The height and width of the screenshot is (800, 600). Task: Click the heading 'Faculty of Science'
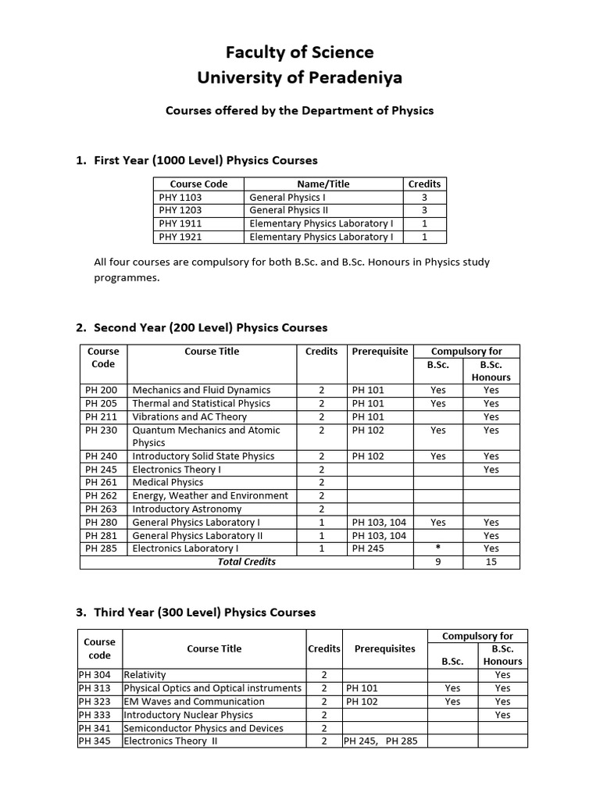click(299, 52)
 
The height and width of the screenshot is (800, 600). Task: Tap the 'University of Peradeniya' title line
click(299, 78)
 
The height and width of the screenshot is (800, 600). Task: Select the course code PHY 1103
click(180, 198)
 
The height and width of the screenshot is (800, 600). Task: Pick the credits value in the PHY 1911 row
click(424, 223)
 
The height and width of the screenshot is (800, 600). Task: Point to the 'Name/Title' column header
click(323, 184)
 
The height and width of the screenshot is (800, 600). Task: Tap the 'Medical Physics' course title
click(168, 482)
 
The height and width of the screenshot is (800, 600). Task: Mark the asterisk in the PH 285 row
click(438, 548)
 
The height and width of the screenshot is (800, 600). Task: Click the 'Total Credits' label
click(246, 562)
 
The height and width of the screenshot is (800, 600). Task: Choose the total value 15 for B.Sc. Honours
click(491, 562)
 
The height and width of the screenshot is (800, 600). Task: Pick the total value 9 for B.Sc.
click(438, 562)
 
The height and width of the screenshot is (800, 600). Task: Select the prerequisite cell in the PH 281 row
click(379, 535)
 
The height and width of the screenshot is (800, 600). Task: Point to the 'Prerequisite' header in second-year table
click(380, 352)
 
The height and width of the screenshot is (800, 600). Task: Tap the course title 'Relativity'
click(145, 675)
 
